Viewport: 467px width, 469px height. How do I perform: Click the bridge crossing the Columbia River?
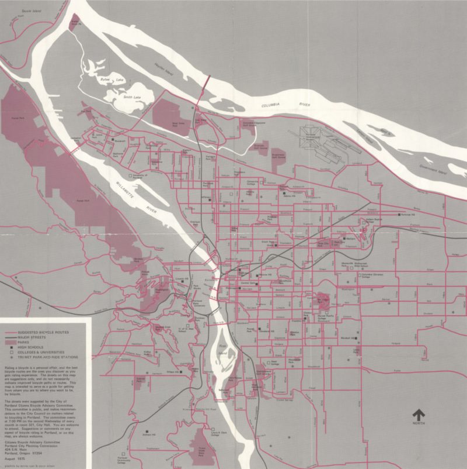(203, 88)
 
